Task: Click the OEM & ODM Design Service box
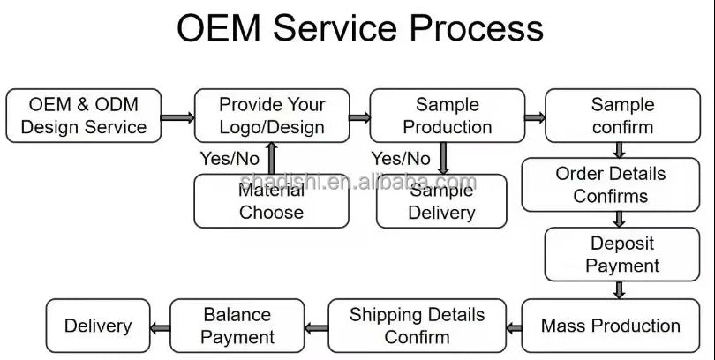(84, 116)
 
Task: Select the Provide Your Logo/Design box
(272, 116)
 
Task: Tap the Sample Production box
(448, 116)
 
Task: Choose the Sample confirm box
(623, 116)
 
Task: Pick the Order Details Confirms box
(611, 184)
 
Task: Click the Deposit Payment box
(622, 254)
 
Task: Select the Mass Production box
(611, 326)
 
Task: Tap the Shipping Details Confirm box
(418, 326)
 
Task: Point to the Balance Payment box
(237, 326)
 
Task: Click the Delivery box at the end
(98, 326)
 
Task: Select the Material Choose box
(271, 201)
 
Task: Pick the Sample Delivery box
(441, 201)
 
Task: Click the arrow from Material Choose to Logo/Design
(272, 158)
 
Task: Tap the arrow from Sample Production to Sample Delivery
(443, 158)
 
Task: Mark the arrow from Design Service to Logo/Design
(177, 117)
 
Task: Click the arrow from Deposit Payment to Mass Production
(619, 289)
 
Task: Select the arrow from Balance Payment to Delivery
(160, 328)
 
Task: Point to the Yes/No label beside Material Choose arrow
(230, 159)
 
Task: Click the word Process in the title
(477, 28)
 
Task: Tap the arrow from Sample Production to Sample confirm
(535, 117)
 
